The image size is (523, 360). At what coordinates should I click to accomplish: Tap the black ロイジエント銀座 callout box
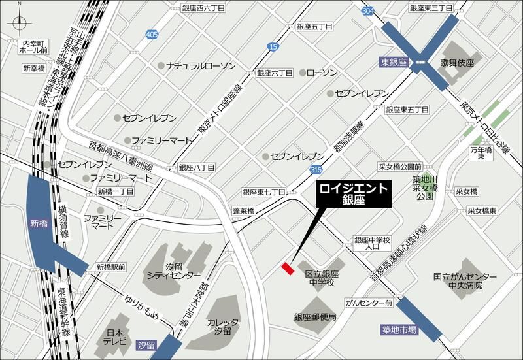(x=354, y=194)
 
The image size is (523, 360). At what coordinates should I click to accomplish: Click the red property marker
(x=287, y=268)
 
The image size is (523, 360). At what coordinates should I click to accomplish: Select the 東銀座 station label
(x=393, y=62)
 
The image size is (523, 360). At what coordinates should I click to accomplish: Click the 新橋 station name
(x=39, y=223)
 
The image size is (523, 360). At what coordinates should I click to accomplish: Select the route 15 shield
(x=273, y=46)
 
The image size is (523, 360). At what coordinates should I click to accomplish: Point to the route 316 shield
(x=316, y=170)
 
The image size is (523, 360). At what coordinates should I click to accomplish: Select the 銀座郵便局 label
(x=315, y=317)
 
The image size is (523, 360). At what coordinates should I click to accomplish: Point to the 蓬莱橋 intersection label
(x=243, y=211)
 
